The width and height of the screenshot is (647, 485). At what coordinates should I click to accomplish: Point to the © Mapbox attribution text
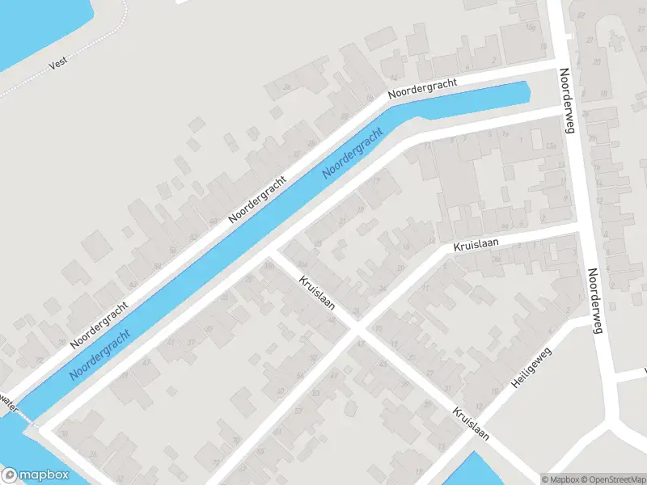[560, 479]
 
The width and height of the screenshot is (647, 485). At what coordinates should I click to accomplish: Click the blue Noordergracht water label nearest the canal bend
[352, 154]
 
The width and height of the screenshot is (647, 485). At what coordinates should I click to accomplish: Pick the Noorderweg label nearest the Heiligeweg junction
[597, 300]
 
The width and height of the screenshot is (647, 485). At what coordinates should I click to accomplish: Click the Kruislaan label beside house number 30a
[316, 298]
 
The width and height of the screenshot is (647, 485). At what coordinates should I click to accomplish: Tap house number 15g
[531, 28]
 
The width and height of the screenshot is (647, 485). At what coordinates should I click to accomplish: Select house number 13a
[551, 145]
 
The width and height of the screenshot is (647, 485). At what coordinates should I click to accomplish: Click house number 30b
[268, 264]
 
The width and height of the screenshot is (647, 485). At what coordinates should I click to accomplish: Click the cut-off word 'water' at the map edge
[8, 402]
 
